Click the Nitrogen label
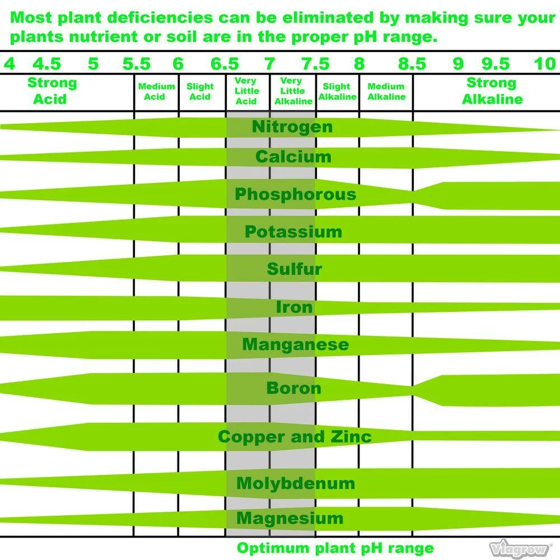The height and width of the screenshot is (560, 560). (292, 127)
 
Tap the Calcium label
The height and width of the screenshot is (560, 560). (293, 157)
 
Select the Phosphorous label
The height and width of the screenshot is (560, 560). (295, 194)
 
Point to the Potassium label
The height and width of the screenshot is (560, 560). (293, 231)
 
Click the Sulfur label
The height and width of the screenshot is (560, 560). (294, 269)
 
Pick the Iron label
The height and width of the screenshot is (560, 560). (294, 307)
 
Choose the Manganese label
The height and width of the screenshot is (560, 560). (295, 344)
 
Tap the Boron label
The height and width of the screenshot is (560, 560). (293, 388)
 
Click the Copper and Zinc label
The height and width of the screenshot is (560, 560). (295, 436)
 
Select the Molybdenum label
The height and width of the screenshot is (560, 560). (295, 483)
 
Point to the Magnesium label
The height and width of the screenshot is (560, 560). (290, 518)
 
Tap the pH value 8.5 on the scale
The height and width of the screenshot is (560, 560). (412, 64)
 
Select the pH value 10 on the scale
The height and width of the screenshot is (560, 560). (544, 64)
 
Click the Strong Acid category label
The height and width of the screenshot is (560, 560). (52, 91)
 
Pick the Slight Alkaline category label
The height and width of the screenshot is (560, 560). (337, 91)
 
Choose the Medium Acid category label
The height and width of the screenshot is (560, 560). (156, 91)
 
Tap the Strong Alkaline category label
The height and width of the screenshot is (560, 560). (491, 91)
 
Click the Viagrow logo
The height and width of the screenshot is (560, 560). (520, 548)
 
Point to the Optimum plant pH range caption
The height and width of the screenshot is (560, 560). (335, 548)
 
